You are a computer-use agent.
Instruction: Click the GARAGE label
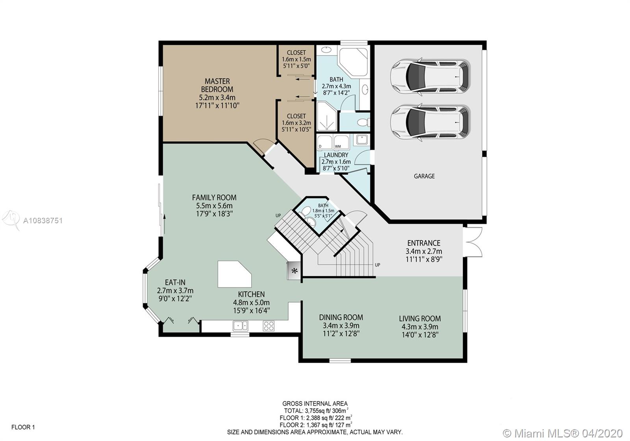pyautogui.click(x=424, y=176)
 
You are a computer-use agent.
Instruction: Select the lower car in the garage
pyautogui.click(x=430, y=122)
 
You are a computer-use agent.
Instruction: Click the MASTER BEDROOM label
pyautogui.click(x=217, y=85)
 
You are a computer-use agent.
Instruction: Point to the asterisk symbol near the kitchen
pyautogui.click(x=295, y=271)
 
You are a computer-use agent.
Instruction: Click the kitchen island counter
pyautogui.click(x=234, y=274)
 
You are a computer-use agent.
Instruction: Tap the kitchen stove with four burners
pyautogui.click(x=269, y=326)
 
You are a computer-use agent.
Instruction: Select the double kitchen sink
pyautogui.click(x=241, y=326)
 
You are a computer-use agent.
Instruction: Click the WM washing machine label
pyautogui.click(x=338, y=146)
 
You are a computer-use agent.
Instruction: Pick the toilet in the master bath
pyautogui.click(x=363, y=122)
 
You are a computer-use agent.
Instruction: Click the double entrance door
pyautogui.click(x=473, y=242)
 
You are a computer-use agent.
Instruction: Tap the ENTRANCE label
pyautogui.click(x=424, y=243)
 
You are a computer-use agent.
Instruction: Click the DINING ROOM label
pyautogui.click(x=341, y=317)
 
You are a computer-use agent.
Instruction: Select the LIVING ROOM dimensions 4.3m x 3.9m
pyautogui.click(x=420, y=327)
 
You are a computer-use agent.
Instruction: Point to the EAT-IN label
pyautogui.click(x=175, y=282)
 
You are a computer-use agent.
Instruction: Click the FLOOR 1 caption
pyautogui.click(x=23, y=427)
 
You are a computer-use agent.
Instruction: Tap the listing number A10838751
pyautogui.click(x=43, y=220)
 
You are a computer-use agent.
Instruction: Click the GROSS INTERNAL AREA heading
pyautogui.click(x=315, y=404)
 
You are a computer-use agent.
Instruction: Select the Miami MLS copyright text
pyautogui.click(x=563, y=434)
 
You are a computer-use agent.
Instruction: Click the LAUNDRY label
pyautogui.click(x=336, y=155)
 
